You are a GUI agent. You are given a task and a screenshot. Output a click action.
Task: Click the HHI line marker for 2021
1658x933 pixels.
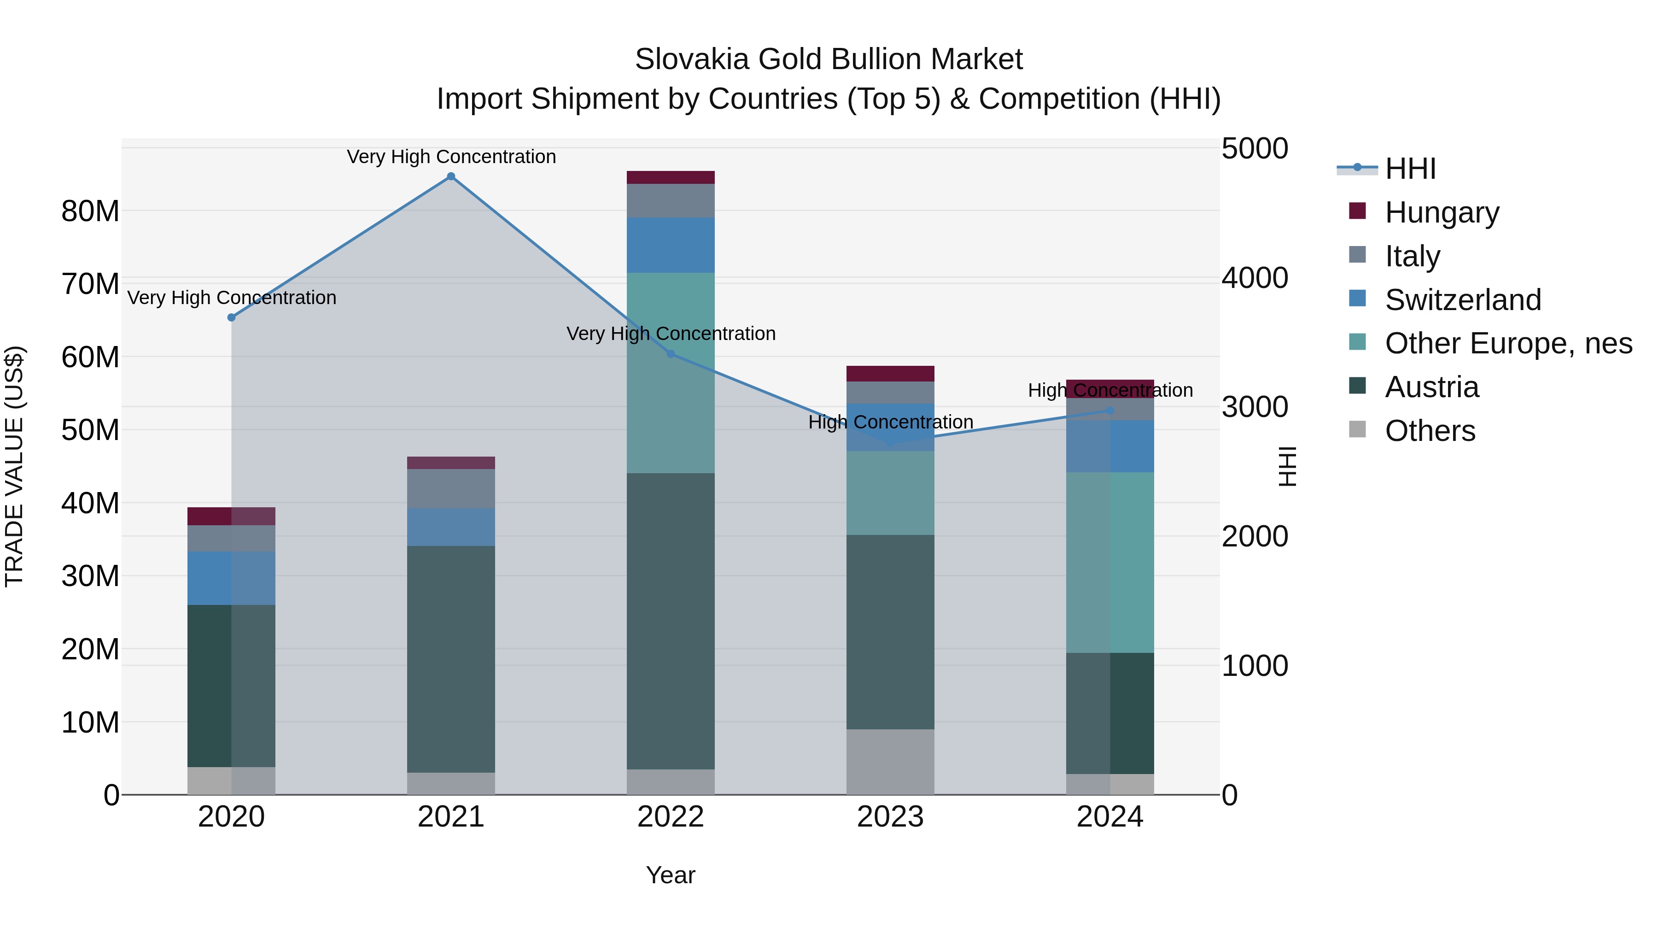tap(451, 176)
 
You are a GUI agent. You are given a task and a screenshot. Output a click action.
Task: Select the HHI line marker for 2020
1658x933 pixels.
tap(232, 317)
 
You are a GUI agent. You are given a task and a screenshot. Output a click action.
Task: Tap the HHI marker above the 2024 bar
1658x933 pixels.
tap(1109, 410)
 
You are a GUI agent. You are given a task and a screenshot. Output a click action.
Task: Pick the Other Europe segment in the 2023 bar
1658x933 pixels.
tap(890, 493)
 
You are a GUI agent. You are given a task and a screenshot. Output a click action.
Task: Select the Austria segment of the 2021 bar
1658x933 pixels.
tap(451, 659)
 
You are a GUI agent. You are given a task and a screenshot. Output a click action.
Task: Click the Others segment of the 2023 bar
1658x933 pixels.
tap(890, 762)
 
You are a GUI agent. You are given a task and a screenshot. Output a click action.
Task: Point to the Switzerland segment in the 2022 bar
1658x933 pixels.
tap(671, 245)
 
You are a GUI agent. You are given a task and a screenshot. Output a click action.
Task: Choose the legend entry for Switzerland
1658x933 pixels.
tap(1462, 300)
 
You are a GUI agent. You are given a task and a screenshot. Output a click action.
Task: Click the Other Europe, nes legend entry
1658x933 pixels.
tap(1508, 344)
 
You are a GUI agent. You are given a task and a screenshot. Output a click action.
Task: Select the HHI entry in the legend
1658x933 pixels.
tap(1410, 169)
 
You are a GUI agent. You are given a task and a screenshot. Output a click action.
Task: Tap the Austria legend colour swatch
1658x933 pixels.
tap(1357, 386)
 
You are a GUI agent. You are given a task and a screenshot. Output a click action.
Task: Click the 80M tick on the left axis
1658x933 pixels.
tap(90, 211)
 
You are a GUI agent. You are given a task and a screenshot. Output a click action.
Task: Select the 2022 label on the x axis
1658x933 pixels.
tap(671, 817)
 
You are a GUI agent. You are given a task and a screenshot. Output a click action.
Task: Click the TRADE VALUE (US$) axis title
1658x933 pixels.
tap(14, 466)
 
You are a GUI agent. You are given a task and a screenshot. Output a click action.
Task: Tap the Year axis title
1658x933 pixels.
tap(671, 875)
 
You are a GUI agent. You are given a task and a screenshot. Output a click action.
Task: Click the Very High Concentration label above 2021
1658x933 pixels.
tap(451, 157)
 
